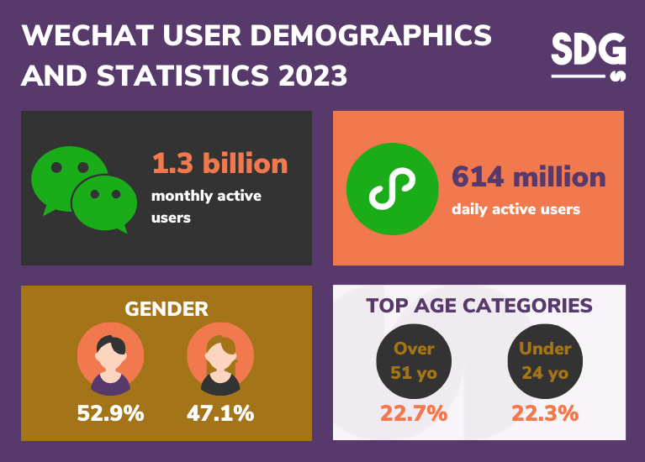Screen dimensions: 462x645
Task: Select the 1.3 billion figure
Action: (219, 162)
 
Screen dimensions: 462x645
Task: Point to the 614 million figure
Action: (528, 176)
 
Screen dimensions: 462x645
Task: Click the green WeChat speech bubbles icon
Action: (81, 190)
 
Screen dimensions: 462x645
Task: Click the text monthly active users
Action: (206, 206)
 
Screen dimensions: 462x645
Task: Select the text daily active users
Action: (515, 208)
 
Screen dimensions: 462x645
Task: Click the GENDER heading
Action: (166, 308)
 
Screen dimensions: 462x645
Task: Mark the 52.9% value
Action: (110, 413)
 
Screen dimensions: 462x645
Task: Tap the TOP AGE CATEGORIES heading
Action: (479, 305)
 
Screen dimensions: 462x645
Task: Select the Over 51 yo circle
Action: (414, 361)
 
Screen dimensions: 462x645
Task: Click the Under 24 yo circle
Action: (545, 361)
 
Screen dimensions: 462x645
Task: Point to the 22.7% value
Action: (414, 413)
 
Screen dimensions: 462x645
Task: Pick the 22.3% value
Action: (545, 413)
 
